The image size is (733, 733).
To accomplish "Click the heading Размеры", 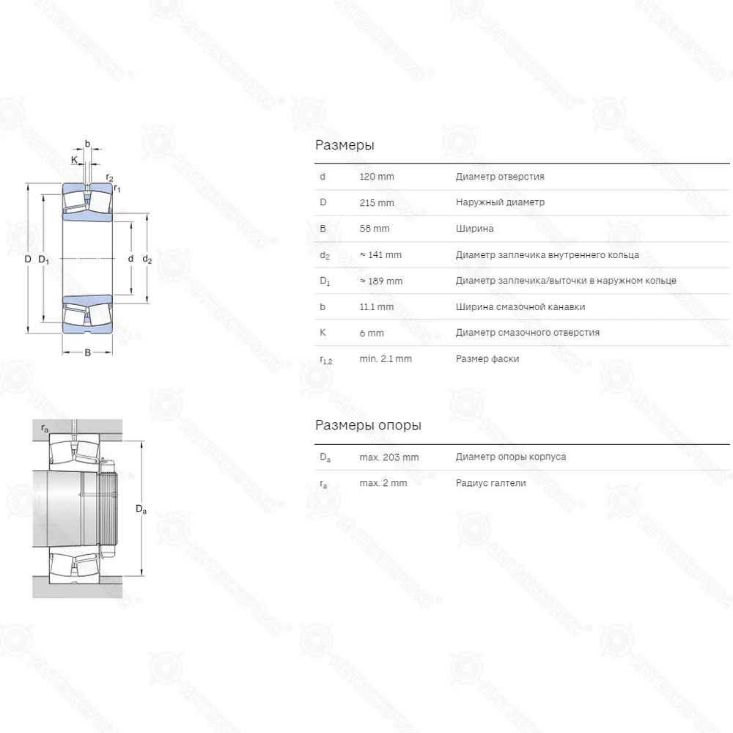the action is coord(345,145).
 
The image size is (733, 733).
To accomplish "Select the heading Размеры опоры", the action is coord(368,425).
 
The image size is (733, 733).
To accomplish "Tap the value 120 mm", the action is coord(376,177).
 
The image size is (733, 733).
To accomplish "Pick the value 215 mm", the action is coord(376,203).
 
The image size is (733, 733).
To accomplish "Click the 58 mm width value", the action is coord(374,229).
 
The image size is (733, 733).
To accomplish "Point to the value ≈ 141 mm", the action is coord(380,255).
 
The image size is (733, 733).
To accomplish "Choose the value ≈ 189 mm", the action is coord(381,281).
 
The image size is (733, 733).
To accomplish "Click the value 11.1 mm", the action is coord(376,307).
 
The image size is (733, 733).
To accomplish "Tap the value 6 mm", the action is coord(372,334).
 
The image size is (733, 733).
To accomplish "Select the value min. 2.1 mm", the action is coord(386,359).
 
